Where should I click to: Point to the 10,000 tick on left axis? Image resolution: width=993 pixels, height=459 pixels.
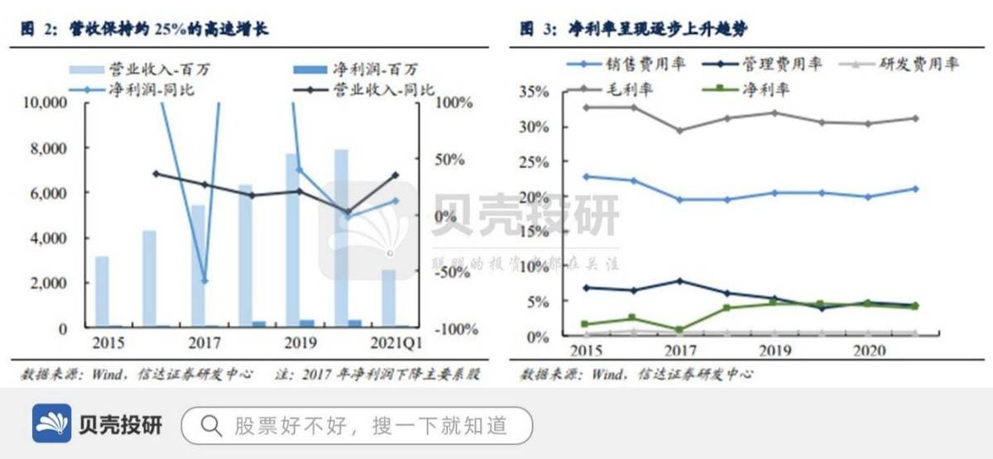(x=45, y=103)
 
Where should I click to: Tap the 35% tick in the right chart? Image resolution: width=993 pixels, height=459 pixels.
(x=535, y=92)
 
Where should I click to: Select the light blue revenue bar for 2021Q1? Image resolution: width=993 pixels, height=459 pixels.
(x=388, y=298)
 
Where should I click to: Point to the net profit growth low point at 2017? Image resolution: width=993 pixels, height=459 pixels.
(x=204, y=281)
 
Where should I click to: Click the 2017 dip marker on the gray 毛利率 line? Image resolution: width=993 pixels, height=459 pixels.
(x=679, y=130)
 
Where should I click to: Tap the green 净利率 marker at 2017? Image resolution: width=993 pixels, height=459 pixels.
(x=679, y=329)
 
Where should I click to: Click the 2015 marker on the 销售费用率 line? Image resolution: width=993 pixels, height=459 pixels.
(x=586, y=176)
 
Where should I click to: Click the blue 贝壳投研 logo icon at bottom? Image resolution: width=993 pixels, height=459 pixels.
(x=51, y=425)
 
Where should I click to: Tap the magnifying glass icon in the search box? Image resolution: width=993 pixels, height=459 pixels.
(x=211, y=426)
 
